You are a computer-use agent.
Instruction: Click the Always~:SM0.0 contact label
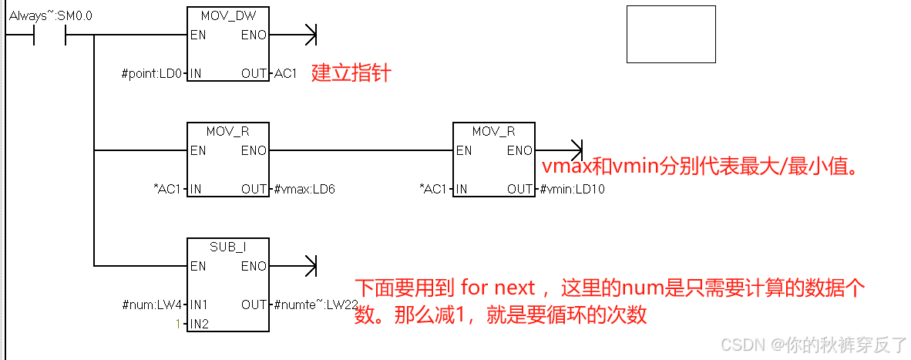(x=51, y=15)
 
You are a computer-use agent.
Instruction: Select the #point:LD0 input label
(x=153, y=74)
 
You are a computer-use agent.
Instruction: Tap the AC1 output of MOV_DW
(x=285, y=74)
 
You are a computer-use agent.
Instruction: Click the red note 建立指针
(x=351, y=74)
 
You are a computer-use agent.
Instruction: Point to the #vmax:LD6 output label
(x=304, y=189)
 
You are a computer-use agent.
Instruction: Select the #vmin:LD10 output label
(x=572, y=189)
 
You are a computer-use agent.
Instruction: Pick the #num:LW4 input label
(x=152, y=304)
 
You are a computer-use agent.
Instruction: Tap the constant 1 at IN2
(x=178, y=324)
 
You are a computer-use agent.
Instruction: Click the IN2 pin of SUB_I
(x=199, y=324)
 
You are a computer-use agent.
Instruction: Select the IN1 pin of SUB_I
(x=199, y=304)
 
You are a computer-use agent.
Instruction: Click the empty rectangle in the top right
(x=671, y=34)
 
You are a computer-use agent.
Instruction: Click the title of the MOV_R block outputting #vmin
(x=493, y=132)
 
